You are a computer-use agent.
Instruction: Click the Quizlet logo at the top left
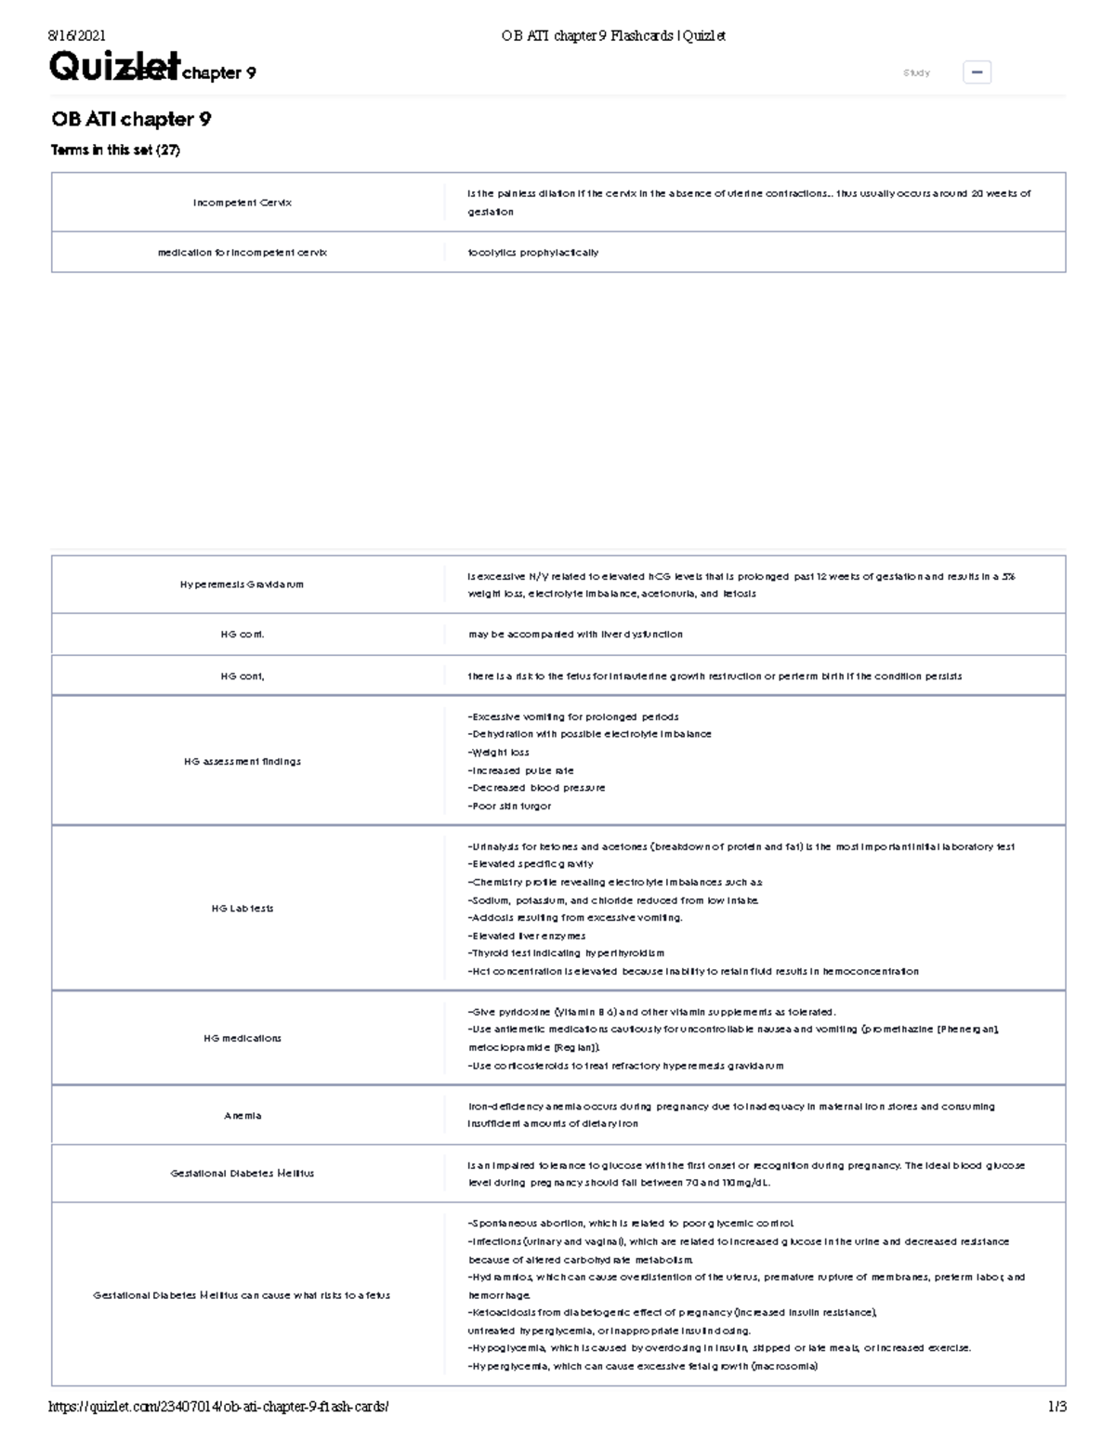point(111,67)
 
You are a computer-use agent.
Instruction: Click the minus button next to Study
point(977,72)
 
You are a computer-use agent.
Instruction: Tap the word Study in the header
point(916,72)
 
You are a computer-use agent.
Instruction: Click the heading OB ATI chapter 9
point(131,119)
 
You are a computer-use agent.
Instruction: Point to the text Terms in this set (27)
point(115,150)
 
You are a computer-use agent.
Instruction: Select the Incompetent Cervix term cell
point(243,203)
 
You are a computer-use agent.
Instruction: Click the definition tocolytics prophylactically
point(533,253)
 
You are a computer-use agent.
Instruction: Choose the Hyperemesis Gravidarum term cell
point(243,584)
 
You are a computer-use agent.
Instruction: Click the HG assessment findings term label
point(243,761)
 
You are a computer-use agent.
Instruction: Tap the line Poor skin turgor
point(510,806)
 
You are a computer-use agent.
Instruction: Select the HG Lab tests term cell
point(243,908)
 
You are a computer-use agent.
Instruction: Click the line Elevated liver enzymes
point(527,936)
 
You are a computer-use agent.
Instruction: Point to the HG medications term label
point(243,1038)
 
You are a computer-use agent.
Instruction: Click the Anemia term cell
point(243,1115)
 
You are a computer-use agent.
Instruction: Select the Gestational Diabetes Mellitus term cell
point(243,1174)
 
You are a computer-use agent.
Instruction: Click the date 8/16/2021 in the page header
point(76,36)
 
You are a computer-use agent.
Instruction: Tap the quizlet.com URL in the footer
point(218,1407)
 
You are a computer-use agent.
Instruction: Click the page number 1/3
point(1056,1407)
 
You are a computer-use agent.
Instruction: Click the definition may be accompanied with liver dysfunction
point(575,635)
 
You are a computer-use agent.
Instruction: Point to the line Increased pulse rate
point(521,770)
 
